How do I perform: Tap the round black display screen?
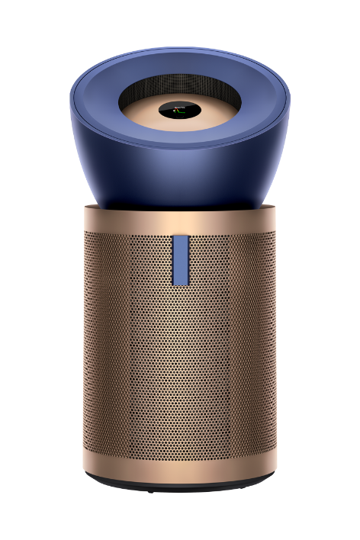pos(180,111)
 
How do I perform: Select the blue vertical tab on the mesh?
pos(180,259)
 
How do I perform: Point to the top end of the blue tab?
pos(180,237)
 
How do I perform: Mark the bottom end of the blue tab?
pos(180,283)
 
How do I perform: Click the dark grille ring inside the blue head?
pos(180,83)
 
